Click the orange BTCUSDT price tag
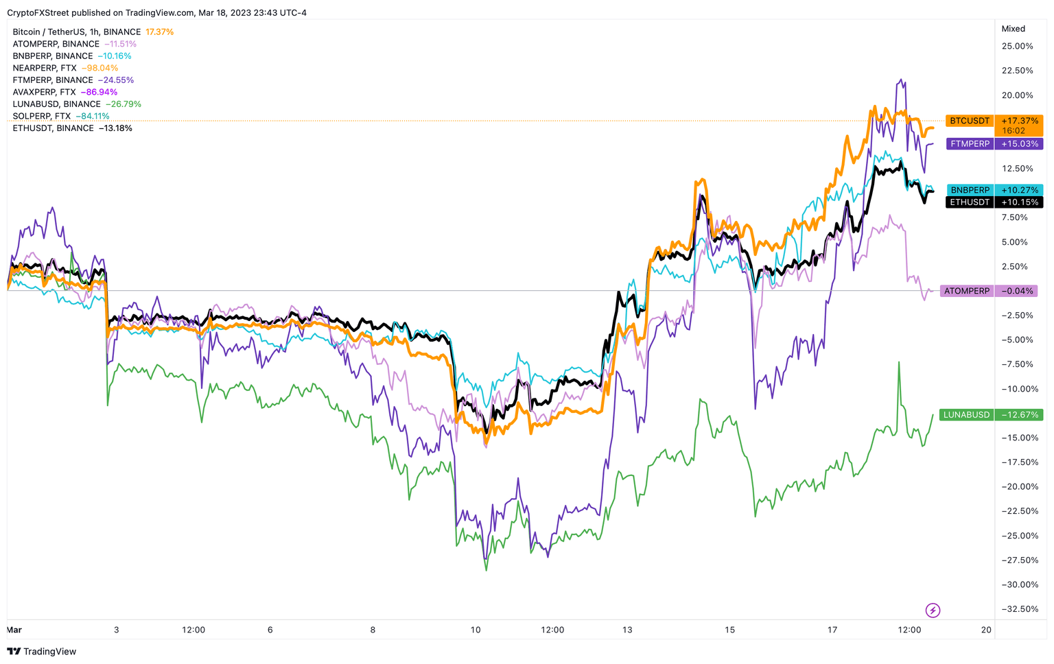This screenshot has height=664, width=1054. coord(970,121)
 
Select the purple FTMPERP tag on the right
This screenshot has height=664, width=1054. coord(970,144)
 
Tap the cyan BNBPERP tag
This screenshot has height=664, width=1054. coord(970,190)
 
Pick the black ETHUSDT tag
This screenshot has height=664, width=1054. coord(970,202)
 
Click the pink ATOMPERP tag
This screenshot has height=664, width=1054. coord(966,291)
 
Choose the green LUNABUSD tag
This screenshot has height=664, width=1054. coord(966,415)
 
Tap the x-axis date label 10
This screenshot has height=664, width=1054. coord(476,630)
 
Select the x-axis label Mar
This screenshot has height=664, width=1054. coord(14,630)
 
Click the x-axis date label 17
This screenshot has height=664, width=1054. coord(832,630)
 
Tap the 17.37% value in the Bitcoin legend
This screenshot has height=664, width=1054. coord(160,32)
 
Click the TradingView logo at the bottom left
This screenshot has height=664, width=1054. coord(42,652)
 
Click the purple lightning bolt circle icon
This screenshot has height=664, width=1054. coord(933,610)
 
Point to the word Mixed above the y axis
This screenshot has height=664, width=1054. coord(1013,29)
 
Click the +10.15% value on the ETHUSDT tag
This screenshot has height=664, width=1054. coord(1020,202)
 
